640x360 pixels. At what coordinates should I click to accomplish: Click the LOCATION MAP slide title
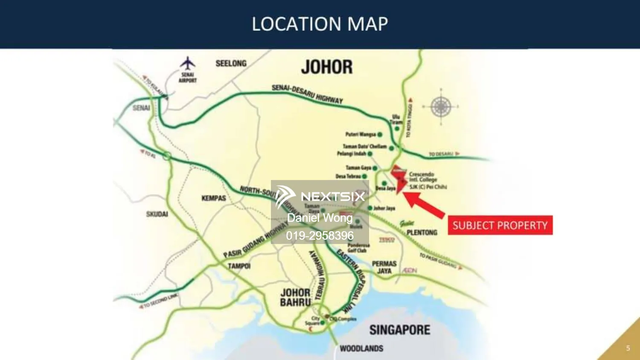[320, 24]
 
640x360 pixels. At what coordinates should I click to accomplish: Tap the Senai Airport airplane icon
[187, 64]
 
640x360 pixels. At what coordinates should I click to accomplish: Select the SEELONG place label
[231, 64]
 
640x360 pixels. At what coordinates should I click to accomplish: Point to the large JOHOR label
[327, 67]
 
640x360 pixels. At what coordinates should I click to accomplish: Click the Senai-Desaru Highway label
[307, 94]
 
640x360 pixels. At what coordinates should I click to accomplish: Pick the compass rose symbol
[441, 107]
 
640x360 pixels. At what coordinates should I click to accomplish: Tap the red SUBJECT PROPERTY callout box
[500, 225]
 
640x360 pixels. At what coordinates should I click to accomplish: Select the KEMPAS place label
[214, 198]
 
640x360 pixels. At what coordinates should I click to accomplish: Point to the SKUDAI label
[157, 214]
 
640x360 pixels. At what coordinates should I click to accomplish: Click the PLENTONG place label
[422, 232]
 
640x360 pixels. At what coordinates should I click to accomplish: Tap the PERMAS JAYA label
[384, 267]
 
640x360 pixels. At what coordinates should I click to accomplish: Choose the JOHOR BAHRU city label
[295, 297]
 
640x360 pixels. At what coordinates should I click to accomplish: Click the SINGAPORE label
[400, 330]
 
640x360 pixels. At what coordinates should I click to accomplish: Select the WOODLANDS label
[361, 348]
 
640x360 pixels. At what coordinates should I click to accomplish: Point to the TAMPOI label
[239, 266]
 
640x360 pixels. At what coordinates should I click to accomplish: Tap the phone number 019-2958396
[320, 235]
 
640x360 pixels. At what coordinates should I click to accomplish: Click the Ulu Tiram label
[396, 119]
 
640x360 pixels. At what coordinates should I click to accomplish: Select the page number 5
[628, 348]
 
